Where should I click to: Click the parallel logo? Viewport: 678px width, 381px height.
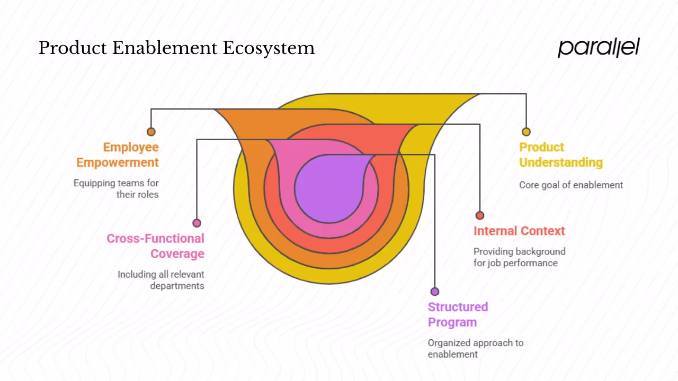599,48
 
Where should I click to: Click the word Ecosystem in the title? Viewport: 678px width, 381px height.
269,48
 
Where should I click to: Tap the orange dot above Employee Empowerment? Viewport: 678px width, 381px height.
151,132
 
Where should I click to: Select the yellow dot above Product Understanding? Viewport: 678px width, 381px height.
526,132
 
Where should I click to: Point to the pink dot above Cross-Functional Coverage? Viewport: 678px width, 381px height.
197,223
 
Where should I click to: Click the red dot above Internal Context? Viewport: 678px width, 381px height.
480,215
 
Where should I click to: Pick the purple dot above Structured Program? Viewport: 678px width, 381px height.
435,292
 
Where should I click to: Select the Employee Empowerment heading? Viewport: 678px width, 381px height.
118,155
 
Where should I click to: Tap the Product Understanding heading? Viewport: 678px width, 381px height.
560,155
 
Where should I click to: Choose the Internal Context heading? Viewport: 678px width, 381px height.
519,231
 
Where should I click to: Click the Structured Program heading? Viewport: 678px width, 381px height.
458,314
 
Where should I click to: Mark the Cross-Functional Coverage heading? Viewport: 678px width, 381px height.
156,246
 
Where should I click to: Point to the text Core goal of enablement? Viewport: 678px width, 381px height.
571,185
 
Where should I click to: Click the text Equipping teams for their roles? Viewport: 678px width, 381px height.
117,188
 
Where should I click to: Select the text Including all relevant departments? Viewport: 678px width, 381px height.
161,280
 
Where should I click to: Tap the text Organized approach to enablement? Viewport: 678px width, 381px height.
475,348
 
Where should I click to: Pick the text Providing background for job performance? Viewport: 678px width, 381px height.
519,257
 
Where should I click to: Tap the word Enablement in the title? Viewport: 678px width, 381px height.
166,48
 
